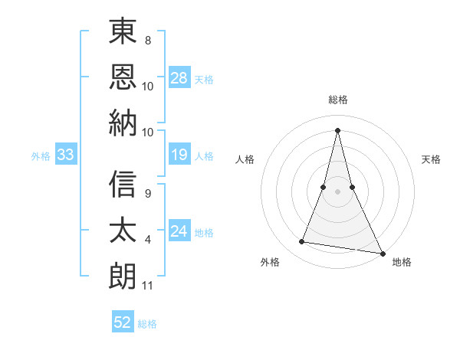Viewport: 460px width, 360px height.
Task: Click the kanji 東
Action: (123, 32)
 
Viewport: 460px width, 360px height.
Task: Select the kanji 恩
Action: (123, 77)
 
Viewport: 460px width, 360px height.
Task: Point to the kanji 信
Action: (123, 184)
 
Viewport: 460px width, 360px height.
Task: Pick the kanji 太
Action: (123, 230)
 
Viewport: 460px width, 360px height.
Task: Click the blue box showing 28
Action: (179, 77)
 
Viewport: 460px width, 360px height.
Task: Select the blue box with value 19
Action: (179, 155)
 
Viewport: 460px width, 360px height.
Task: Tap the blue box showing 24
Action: (179, 231)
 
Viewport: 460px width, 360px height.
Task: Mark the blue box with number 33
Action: (66, 155)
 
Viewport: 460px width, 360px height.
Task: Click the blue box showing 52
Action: (123, 322)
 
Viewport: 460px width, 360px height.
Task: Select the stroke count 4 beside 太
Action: (147, 241)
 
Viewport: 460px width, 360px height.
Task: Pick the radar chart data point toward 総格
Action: (337, 129)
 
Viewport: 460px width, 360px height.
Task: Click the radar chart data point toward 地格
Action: (382, 252)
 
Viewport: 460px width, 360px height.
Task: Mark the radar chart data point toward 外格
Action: (302, 242)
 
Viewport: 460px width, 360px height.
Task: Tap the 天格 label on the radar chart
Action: (431, 159)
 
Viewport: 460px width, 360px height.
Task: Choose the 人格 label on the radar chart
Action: (245, 159)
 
